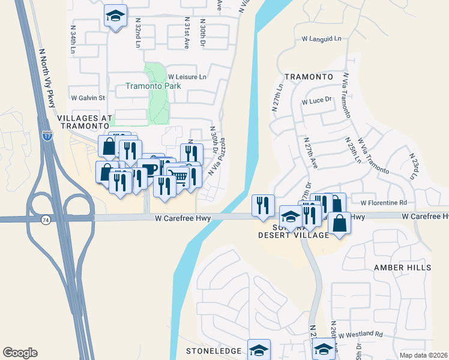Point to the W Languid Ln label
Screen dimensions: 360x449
(321, 39)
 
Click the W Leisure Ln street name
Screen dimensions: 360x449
(187, 77)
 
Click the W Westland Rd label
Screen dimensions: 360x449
(360, 334)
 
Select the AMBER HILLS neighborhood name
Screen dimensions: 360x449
(402, 267)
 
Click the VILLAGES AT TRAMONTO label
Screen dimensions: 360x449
(85, 122)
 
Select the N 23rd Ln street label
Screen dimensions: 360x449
(413, 166)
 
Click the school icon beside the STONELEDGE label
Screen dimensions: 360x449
(259, 349)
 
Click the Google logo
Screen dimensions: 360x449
(20, 353)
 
